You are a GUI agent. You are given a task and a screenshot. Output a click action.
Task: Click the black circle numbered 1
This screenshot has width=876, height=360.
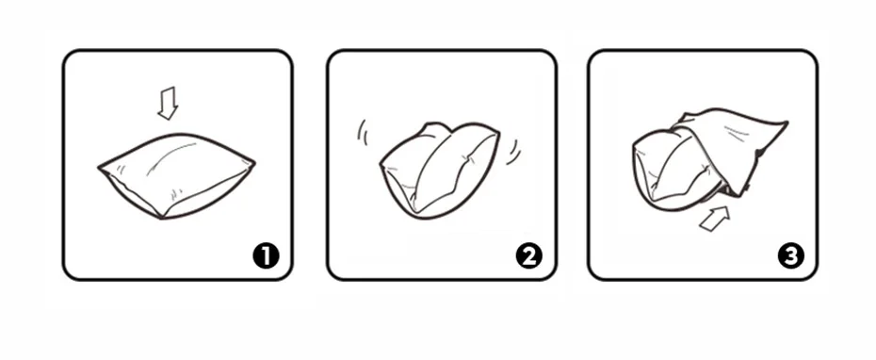pos(267,255)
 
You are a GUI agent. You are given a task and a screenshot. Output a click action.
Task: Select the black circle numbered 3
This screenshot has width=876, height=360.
pos(790,255)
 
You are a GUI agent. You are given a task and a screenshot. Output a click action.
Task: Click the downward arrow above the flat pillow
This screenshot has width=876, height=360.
pos(168,103)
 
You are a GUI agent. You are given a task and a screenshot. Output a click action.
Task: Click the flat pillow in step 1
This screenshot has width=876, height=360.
pos(176,175)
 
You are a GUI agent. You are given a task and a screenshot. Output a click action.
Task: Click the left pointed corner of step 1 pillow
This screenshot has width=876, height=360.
pos(100,171)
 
